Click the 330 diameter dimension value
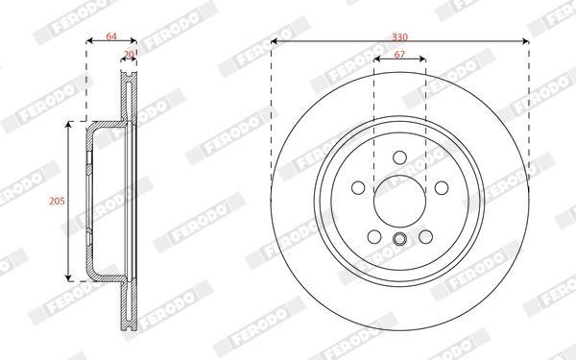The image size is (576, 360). pos(399,37)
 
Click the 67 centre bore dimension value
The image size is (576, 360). pos(399,55)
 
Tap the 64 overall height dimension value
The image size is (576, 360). pos(111,36)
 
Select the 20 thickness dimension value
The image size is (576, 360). pos(129,55)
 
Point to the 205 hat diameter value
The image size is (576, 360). pos(57,201)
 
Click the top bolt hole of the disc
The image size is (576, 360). pos(399,157)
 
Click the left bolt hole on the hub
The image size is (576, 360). pos(358,188)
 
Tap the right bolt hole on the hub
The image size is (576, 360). pos(442,188)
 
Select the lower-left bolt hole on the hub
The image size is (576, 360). pos(374,236)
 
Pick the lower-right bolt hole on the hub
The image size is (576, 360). pos(425,236)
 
